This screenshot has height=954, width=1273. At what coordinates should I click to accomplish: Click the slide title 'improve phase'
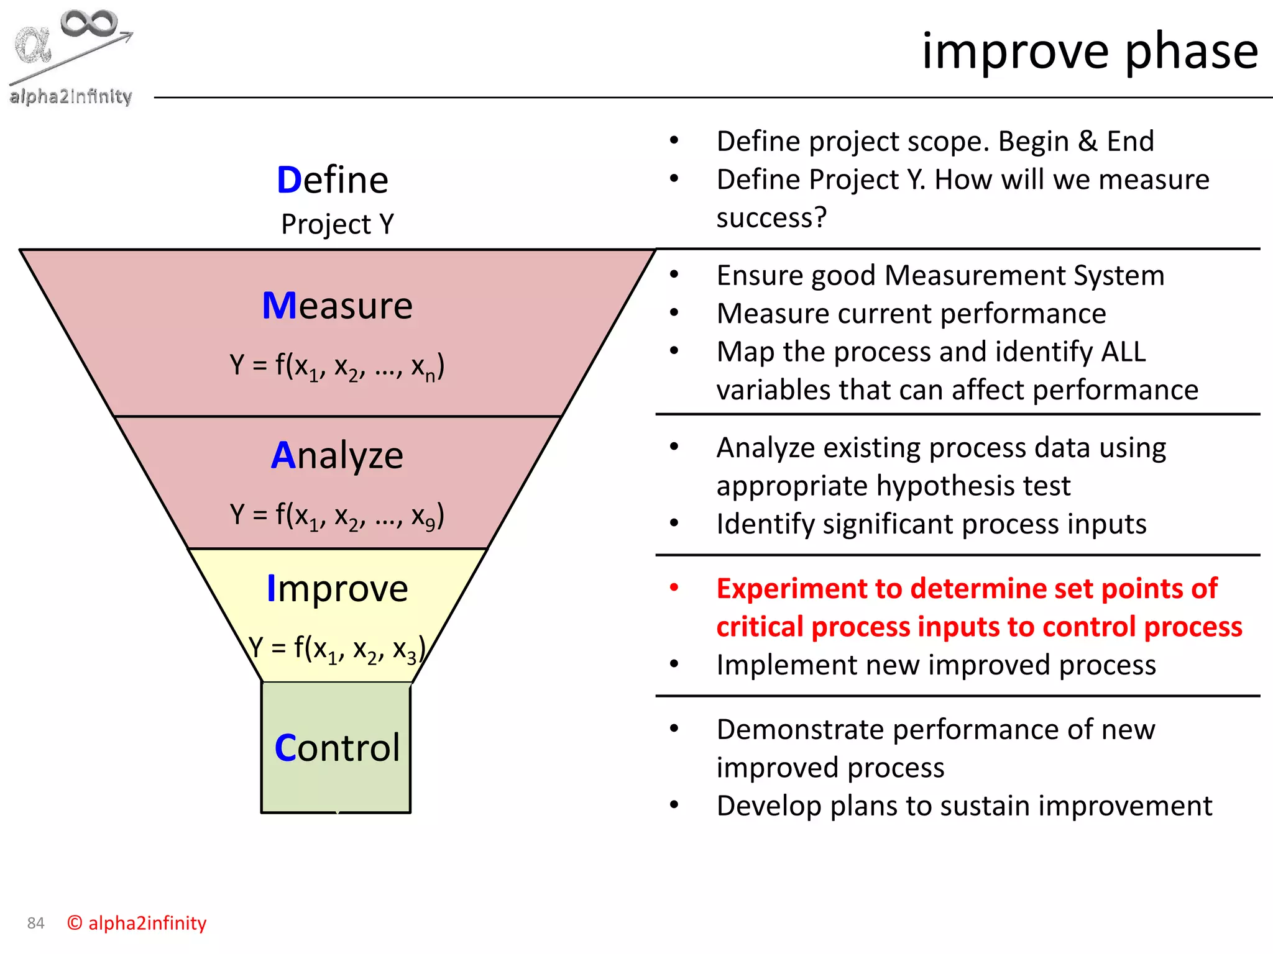tap(1089, 51)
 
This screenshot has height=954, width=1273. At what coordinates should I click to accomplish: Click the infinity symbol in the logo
tap(88, 24)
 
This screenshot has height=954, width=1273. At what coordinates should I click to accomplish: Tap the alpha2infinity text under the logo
tap(71, 96)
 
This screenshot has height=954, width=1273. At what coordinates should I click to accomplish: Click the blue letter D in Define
tap(288, 181)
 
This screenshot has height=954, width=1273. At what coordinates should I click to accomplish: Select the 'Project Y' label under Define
tap(337, 224)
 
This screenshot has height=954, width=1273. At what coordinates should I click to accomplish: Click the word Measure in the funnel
tap(337, 306)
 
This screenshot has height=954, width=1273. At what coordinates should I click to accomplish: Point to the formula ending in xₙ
tap(337, 366)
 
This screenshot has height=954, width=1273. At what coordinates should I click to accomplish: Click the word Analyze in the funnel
tap(337, 455)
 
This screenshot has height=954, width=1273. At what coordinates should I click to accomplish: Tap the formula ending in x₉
tap(337, 516)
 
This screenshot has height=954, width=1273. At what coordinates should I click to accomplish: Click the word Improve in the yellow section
tap(337, 589)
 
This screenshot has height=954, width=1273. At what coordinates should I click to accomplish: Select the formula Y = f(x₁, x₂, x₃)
tap(337, 649)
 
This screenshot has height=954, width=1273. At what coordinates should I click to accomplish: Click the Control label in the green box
tap(337, 748)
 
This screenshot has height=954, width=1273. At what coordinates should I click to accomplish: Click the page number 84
tap(35, 924)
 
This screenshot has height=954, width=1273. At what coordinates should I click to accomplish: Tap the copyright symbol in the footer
tap(75, 923)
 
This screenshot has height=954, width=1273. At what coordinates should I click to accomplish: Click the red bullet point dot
tap(674, 588)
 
